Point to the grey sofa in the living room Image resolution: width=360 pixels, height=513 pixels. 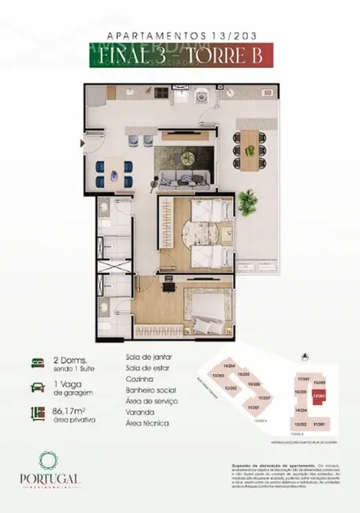pyautogui.click(x=183, y=178)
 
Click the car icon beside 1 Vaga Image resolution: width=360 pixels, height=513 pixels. pyautogui.click(x=39, y=386)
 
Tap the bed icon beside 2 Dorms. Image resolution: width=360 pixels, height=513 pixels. pyautogui.click(x=39, y=362)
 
